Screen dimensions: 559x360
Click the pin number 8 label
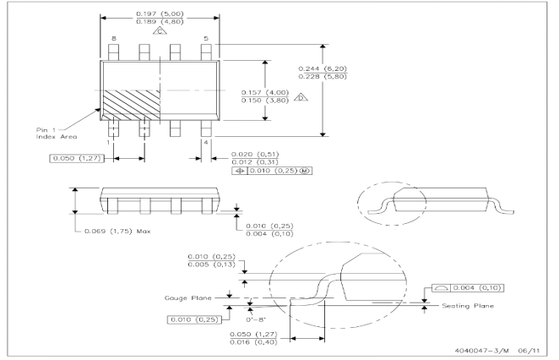[x=114, y=38]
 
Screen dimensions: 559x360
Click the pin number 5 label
[x=206, y=38]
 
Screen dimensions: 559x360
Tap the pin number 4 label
[x=206, y=142]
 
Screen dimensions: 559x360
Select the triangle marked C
[x=160, y=31]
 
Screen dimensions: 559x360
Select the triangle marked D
[x=301, y=97]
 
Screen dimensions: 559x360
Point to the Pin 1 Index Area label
[x=57, y=133]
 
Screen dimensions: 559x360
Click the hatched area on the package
[x=132, y=106]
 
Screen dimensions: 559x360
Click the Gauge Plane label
[x=187, y=298]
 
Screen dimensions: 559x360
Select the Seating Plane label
[x=468, y=306]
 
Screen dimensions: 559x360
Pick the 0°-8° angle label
[x=256, y=319]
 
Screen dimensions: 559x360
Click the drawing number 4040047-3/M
[x=481, y=351]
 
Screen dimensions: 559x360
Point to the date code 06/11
[x=529, y=351]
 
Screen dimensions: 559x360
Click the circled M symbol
[x=304, y=171]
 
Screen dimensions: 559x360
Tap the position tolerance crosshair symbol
[x=240, y=171]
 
